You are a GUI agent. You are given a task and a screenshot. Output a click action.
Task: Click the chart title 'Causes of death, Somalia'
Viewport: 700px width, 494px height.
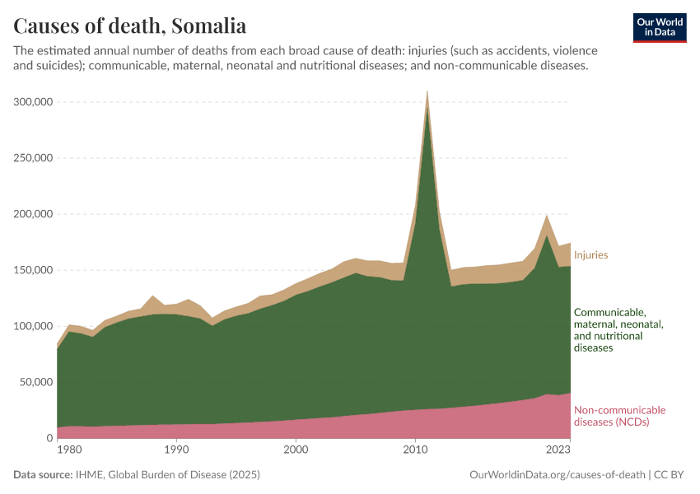130,25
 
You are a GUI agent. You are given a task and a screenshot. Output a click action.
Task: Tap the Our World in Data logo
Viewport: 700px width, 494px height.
660,27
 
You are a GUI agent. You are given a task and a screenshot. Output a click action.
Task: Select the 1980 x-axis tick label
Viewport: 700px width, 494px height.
69,450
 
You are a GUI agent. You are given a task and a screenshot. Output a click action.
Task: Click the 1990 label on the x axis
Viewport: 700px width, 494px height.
175,450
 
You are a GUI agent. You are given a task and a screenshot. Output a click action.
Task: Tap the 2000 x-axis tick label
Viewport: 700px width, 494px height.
296,450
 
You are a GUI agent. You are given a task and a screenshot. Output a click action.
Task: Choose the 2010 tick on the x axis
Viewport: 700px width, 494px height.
415,450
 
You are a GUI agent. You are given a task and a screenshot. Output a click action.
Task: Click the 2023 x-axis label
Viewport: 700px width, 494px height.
558,450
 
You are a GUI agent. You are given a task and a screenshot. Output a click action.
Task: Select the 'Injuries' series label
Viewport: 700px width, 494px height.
590,255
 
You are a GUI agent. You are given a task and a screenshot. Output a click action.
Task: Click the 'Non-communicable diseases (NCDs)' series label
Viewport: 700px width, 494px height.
619,417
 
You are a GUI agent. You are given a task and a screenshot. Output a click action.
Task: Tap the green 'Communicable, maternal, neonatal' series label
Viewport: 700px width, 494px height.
618,330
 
